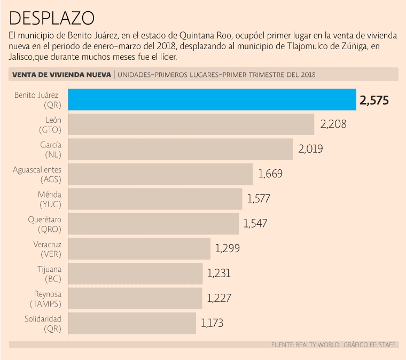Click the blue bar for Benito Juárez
(x=213, y=100)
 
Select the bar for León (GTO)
(x=191, y=124)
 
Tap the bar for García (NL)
(x=181, y=149)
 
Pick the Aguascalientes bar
(x=161, y=174)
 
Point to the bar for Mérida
(x=155, y=199)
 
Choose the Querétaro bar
(x=154, y=224)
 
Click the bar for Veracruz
(x=139, y=248)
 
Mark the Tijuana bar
(x=136, y=273)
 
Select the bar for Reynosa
(x=136, y=298)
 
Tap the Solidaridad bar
(x=132, y=323)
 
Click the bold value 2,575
(x=374, y=100)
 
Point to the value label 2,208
(x=333, y=124)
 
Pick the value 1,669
(x=270, y=174)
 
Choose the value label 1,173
(x=212, y=323)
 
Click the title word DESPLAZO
(x=52, y=18)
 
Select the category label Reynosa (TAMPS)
(x=46, y=299)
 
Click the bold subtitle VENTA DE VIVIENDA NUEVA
(x=61, y=75)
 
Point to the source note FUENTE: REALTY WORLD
(x=305, y=345)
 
